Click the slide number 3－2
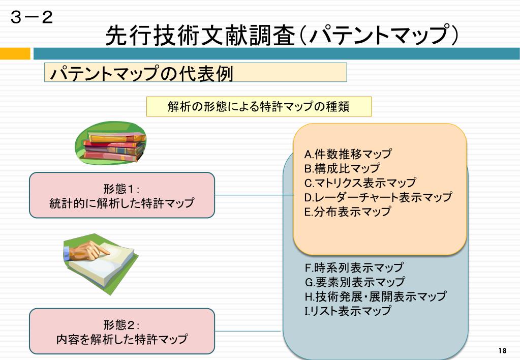point(32,19)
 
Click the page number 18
point(503,351)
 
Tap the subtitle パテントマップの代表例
point(141,73)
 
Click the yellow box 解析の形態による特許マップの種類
point(259,107)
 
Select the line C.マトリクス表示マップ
point(360,183)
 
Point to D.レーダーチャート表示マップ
point(378,197)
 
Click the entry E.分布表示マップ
point(348,212)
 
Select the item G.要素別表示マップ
point(354,282)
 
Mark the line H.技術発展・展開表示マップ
point(375,296)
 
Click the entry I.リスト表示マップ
point(348,310)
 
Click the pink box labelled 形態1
point(122,196)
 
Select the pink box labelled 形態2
point(122,332)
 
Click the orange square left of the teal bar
point(15,53)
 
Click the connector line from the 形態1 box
point(254,195)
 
